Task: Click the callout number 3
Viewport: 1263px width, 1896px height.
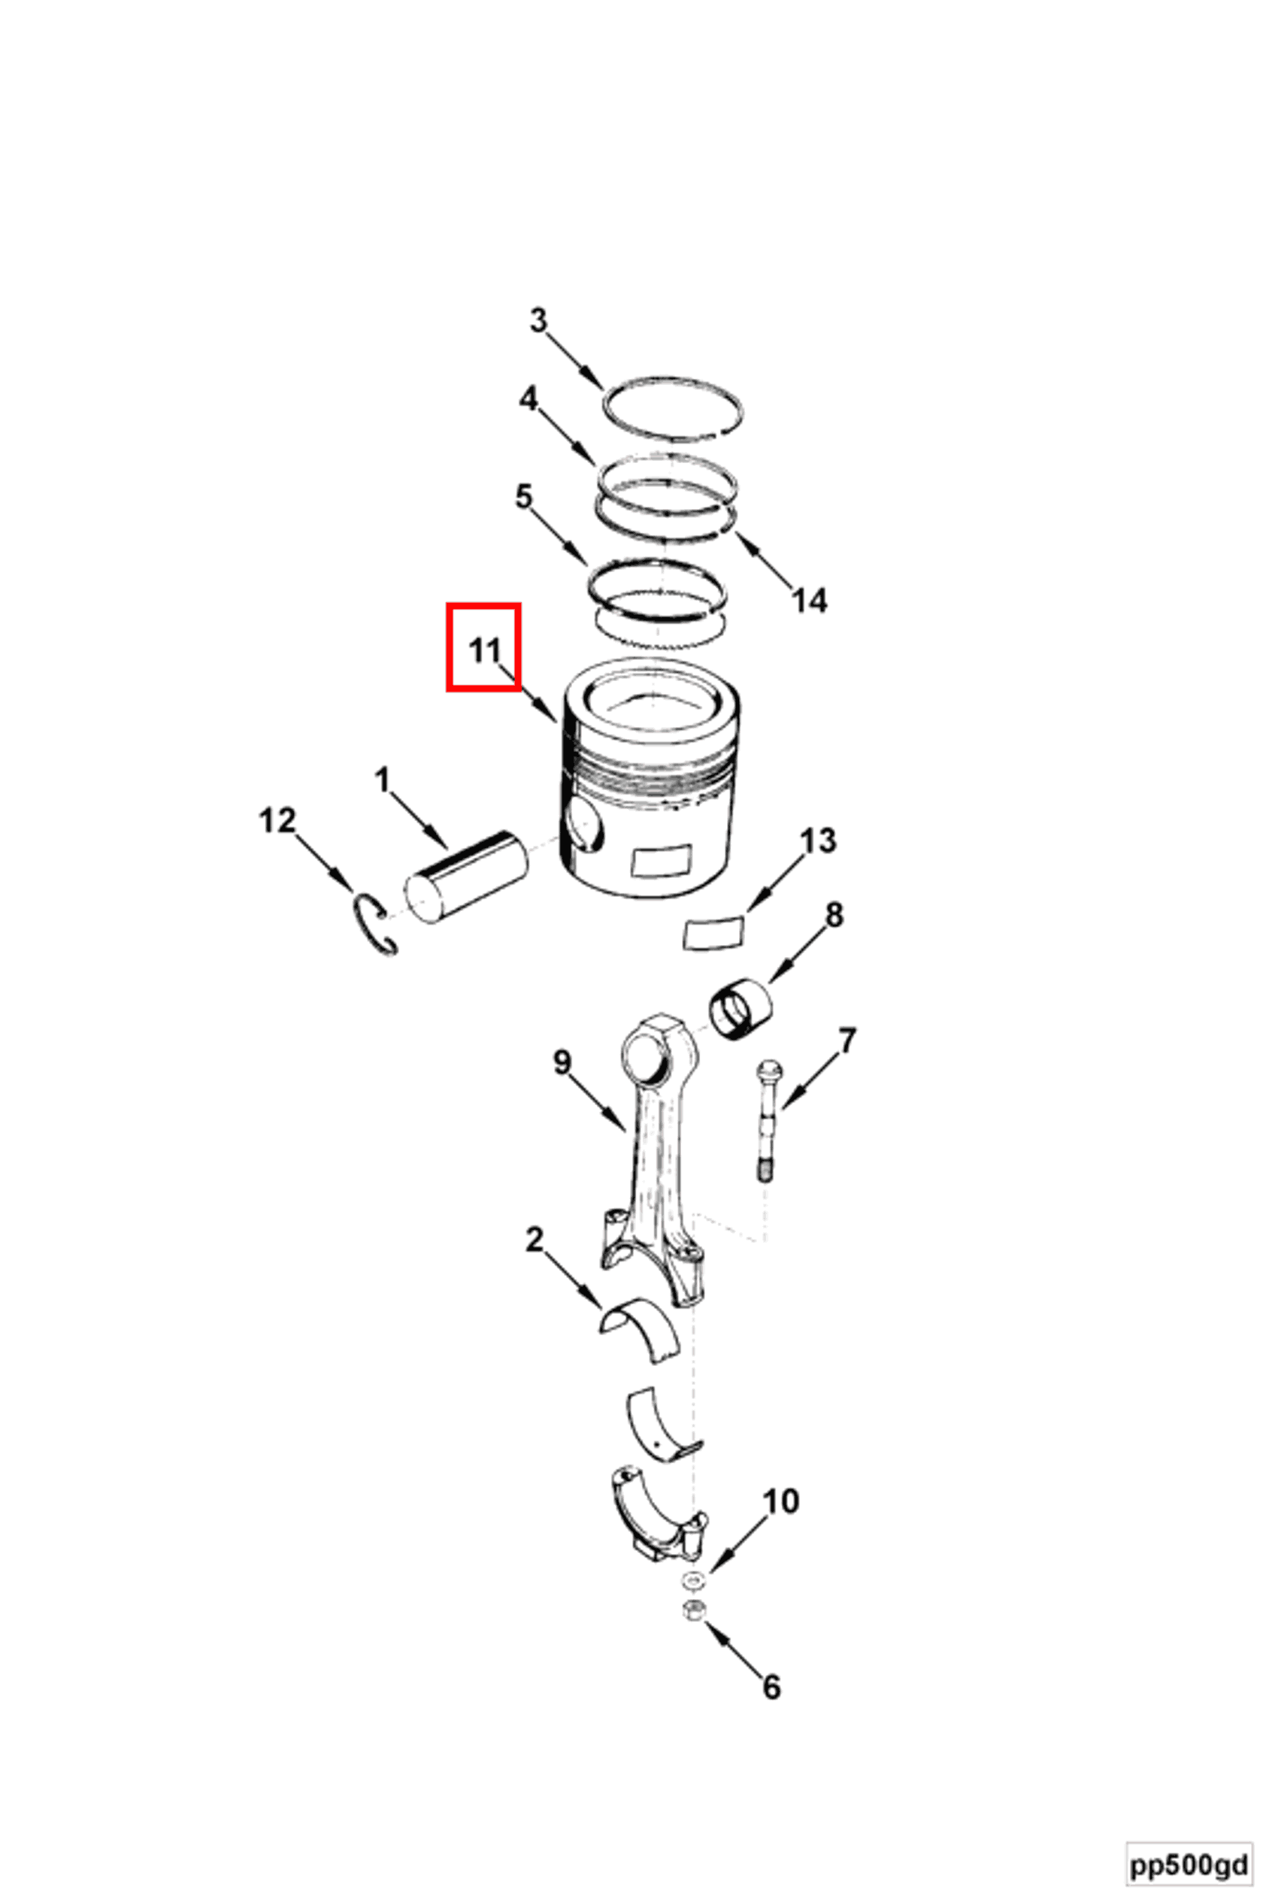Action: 538,320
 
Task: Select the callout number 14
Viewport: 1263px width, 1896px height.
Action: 809,601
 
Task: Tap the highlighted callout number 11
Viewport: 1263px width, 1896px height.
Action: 484,650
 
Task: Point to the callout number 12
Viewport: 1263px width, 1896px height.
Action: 277,821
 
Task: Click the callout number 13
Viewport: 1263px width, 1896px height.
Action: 818,841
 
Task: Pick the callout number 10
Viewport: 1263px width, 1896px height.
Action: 780,1501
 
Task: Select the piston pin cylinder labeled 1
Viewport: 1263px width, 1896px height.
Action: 465,878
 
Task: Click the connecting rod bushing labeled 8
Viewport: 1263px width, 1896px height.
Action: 740,1007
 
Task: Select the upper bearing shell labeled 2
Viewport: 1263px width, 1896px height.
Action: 641,1329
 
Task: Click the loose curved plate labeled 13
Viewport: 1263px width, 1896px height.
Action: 713,934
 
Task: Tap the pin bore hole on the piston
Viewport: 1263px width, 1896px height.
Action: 583,826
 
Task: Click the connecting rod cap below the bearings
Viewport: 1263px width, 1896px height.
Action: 656,1515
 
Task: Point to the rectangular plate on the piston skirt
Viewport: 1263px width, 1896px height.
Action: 662,861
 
